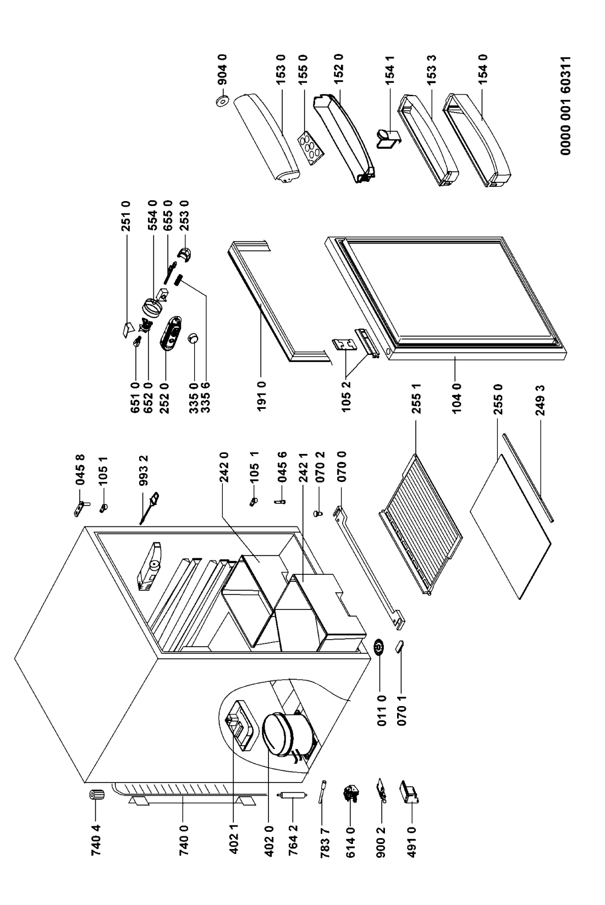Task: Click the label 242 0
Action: [x=224, y=464]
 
